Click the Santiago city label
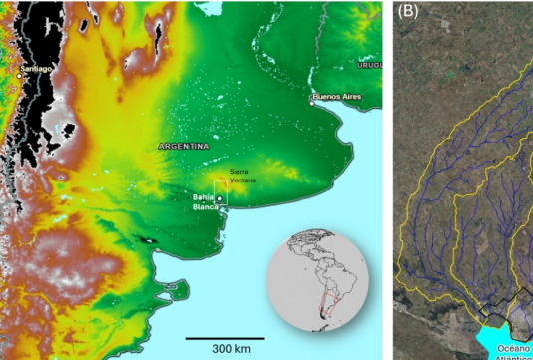36,68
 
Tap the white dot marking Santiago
19,73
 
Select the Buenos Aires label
335,97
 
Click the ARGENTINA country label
184,146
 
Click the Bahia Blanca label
204,202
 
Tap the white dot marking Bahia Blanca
219,198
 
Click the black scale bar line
225,338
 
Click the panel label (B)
408,13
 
